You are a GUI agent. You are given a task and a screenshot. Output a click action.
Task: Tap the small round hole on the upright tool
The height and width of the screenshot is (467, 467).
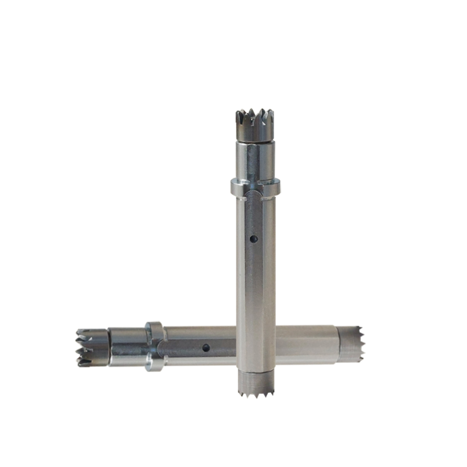coord(254,238)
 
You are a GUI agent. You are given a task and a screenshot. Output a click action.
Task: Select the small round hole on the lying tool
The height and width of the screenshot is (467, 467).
coord(205,347)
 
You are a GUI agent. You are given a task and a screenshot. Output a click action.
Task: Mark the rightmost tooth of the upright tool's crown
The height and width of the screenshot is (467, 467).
coord(271,115)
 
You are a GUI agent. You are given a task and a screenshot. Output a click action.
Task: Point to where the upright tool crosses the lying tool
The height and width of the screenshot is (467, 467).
coord(255,345)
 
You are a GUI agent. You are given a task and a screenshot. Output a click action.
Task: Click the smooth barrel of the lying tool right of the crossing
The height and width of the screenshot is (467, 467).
coord(305,345)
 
